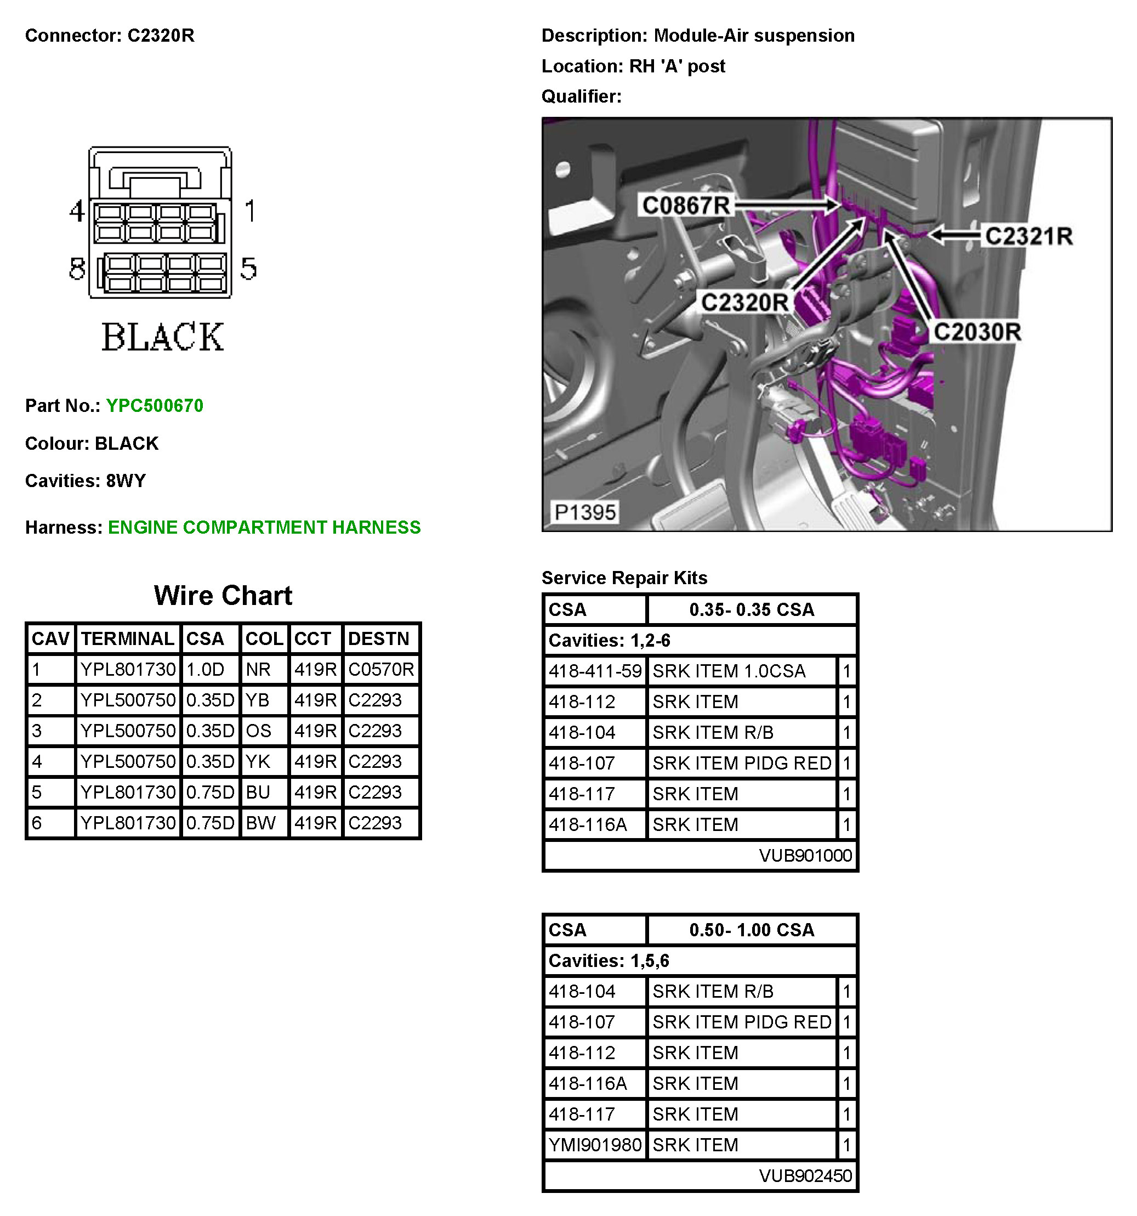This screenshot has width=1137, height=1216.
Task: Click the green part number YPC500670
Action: [154, 405]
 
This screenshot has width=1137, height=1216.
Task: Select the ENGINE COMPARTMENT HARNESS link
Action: [264, 527]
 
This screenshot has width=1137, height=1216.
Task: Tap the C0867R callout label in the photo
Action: [685, 206]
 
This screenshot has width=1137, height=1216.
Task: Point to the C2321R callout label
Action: [1028, 236]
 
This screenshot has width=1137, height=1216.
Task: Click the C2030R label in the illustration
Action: [977, 332]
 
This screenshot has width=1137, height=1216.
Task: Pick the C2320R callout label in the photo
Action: [744, 302]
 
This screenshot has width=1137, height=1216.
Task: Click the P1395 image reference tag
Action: [584, 512]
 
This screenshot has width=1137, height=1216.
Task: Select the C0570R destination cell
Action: [381, 669]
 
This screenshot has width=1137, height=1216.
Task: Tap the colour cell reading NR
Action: [258, 669]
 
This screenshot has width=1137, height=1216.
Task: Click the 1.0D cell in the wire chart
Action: [206, 669]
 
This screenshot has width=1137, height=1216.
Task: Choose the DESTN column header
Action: [378, 638]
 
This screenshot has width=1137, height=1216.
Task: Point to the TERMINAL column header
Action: [127, 638]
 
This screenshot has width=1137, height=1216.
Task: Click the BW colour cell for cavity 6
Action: [260, 823]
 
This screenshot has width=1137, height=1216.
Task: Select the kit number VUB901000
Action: [805, 855]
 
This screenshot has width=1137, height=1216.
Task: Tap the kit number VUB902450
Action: [805, 1175]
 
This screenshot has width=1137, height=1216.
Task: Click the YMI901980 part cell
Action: [595, 1145]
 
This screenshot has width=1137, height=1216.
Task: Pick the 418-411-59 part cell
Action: [595, 671]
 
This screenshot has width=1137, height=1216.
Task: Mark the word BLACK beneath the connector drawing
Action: [163, 337]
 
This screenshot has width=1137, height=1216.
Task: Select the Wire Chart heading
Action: [223, 595]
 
